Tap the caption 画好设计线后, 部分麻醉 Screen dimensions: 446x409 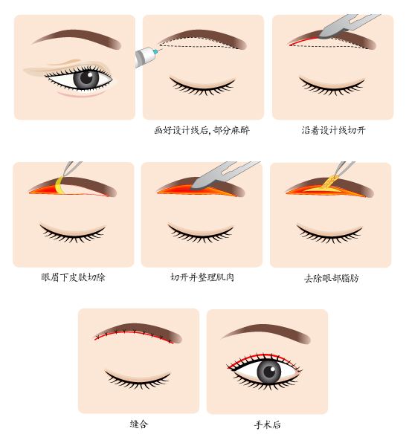pos(203,130)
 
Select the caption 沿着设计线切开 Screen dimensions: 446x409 pos(333,130)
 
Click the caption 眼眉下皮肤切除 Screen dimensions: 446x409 pos(73,277)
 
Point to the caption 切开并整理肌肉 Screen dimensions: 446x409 pos(202,277)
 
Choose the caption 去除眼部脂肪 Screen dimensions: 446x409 pos(331,278)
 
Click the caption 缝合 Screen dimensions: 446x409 pos(138,424)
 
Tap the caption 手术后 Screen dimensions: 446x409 pos(267,424)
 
